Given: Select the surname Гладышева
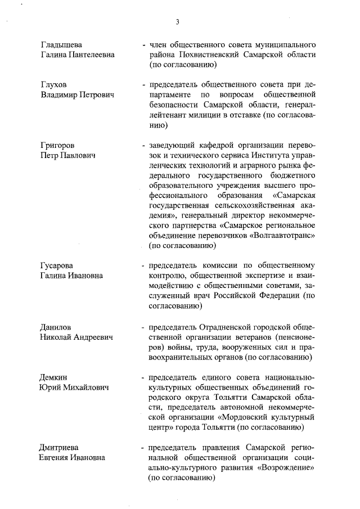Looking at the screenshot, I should (x=61, y=44).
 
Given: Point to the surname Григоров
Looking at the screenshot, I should (x=57, y=145).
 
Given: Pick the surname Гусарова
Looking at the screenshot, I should (x=57, y=265).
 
